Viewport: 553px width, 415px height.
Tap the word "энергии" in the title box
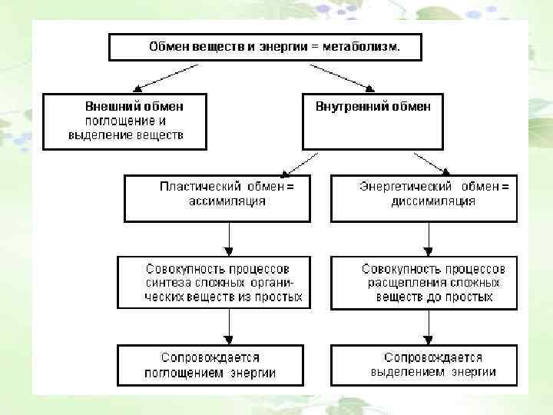click(x=286, y=47)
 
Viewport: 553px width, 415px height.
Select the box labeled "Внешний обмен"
click(x=124, y=121)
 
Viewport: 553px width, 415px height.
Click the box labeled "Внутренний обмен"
click(x=373, y=121)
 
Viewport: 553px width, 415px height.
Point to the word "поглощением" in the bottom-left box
click(x=186, y=373)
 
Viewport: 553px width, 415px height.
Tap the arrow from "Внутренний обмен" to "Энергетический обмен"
click(x=432, y=162)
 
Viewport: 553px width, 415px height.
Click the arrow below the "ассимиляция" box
click(x=228, y=239)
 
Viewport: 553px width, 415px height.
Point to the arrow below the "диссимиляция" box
click(x=429, y=239)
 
